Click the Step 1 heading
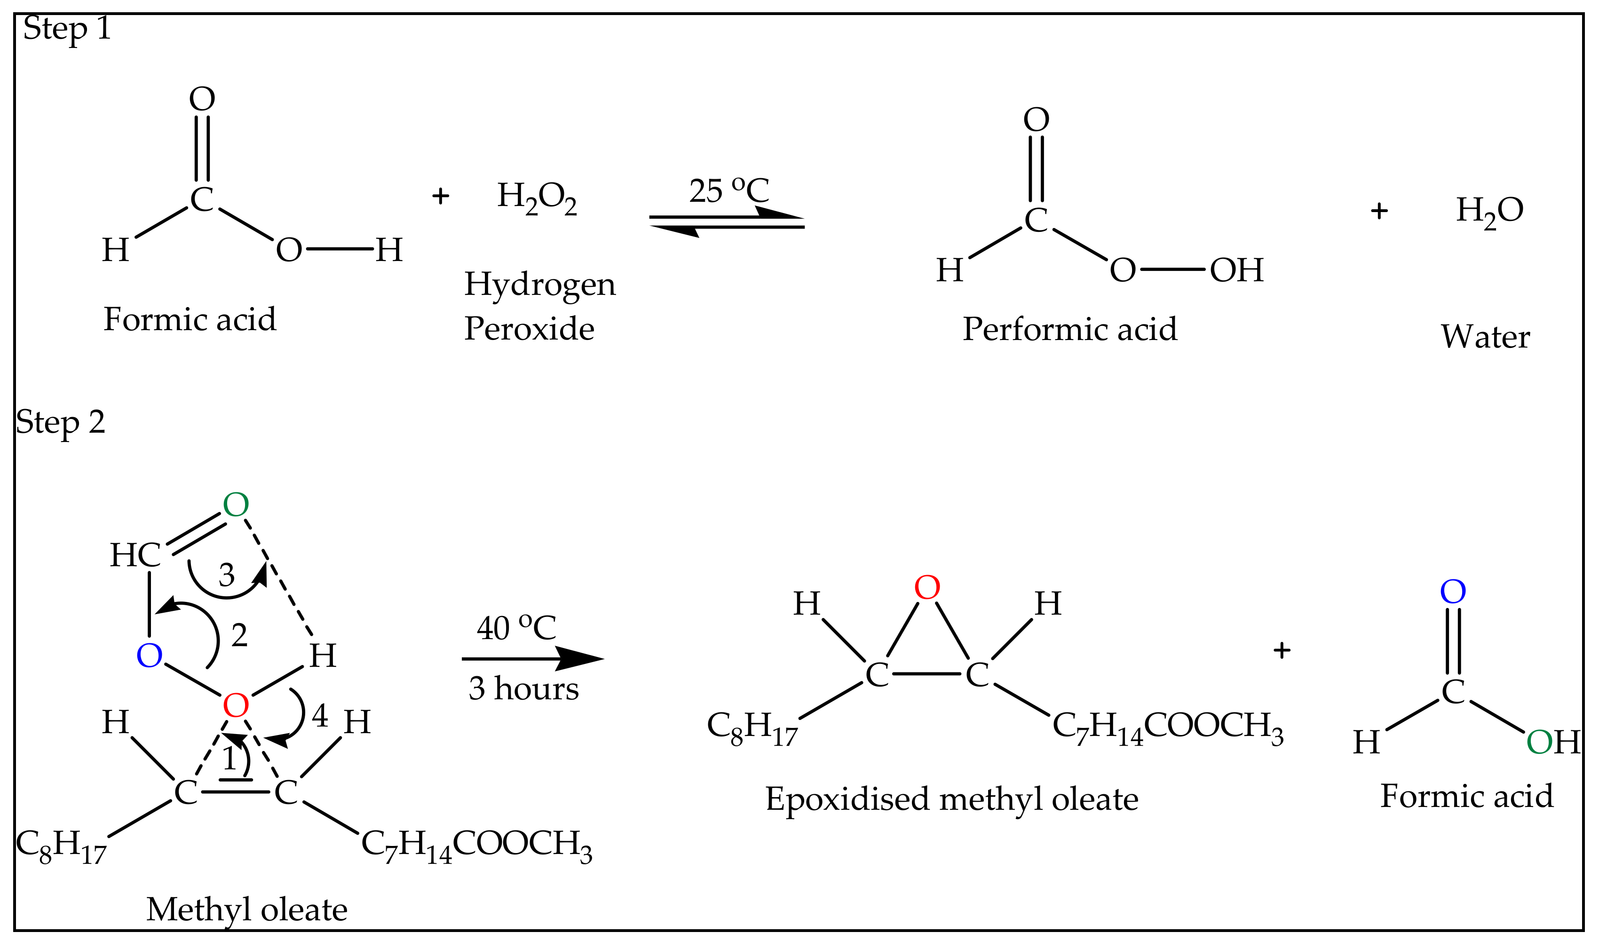coord(67,29)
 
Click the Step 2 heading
coord(60,423)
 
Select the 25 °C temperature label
coord(728,190)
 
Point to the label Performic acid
coord(1069,330)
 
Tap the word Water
coord(1485,337)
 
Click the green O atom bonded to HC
coord(236,506)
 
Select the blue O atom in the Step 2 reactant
coord(150,656)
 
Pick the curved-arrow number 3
coord(227,576)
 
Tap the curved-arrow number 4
coord(320,716)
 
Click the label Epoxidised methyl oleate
coord(952,799)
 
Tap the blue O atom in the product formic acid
coord(1453,592)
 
